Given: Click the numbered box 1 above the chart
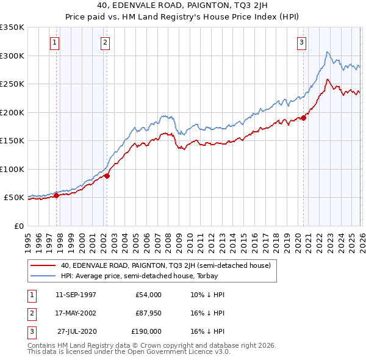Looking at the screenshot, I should click(55, 42).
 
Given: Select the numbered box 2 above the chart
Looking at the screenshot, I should click(106, 42).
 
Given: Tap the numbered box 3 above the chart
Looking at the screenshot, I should click(301, 42).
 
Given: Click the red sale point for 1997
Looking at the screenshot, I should click(57, 196).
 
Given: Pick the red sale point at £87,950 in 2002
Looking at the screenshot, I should click(107, 176).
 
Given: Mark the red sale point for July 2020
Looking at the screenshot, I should click(303, 118).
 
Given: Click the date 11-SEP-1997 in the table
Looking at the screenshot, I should click(76, 295).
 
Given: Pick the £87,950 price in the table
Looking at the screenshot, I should click(148, 313).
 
